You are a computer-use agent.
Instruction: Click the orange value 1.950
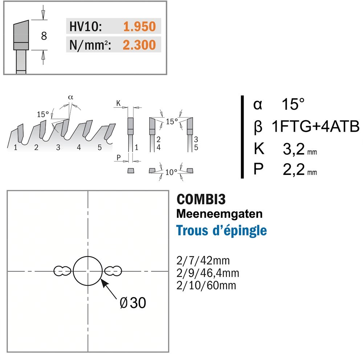[139, 26]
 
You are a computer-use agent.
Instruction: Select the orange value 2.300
[139, 45]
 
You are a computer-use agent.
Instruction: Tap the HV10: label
[85, 26]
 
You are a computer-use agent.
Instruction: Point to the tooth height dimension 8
[44, 36]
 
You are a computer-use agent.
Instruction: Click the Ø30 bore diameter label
[133, 303]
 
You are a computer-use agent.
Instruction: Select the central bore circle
[88, 257]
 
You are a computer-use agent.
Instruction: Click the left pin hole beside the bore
[62, 271]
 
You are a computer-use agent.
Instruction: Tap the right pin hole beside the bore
[113, 271]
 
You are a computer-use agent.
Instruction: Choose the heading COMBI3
[201, 199]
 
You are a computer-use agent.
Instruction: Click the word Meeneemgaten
[220, 214]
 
